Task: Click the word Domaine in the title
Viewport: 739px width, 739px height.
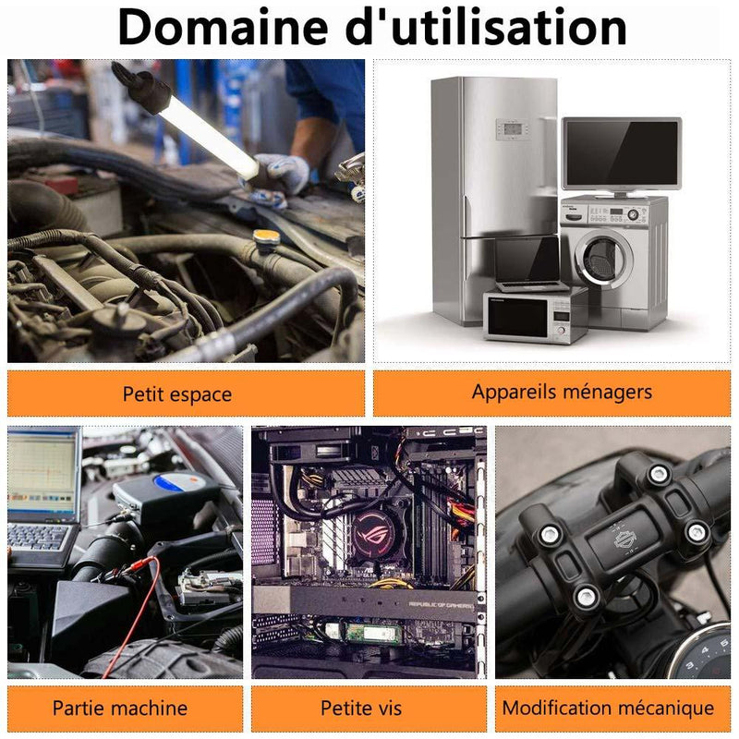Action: [x=224, y=27]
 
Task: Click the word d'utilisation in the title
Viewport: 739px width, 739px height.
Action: [x=487, y=27]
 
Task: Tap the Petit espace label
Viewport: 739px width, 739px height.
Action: [x=176, y=394]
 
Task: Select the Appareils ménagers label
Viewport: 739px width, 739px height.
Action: [x=562, y=392]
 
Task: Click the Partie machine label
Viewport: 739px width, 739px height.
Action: [x=120, y=708]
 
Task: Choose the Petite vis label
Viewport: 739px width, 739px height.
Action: [x=361, y=708]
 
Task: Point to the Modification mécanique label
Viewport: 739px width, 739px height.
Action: [x=608, y=708]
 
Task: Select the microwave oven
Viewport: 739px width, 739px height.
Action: [x=535, y=316]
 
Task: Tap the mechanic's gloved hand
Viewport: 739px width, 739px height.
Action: [x=282, y=176]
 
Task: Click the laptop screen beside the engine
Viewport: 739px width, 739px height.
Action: [x=43, y=474]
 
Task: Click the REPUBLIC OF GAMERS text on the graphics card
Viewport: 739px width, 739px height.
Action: [x=441, y=605]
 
